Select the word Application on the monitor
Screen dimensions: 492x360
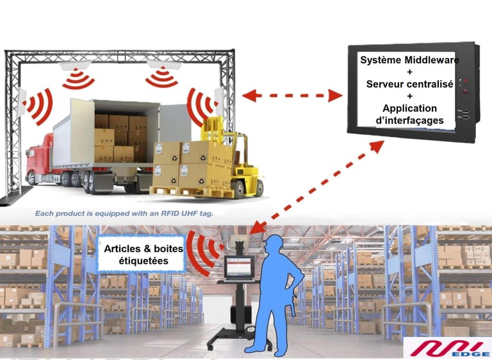(x=409, y=108)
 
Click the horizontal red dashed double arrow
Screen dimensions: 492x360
(x=293, y=96)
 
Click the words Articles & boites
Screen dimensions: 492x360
(x=143, y=250)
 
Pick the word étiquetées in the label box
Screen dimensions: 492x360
(x=143, y=262)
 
